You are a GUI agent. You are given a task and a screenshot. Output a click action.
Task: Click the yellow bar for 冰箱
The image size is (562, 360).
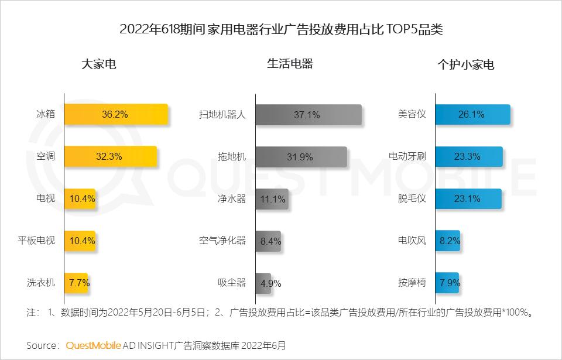(x=116, y=114)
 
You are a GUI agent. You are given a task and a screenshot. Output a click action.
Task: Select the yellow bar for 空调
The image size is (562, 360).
(x=110, y=156)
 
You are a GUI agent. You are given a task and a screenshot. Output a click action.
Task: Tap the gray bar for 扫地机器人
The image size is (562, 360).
(x=309, y=115)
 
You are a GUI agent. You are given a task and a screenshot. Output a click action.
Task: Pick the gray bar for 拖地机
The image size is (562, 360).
(x=301, y=157)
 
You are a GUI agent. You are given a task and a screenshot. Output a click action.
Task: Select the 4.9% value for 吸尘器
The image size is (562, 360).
(x=271, y=283)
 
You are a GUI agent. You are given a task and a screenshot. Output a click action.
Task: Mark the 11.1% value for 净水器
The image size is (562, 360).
(x=272, y=199)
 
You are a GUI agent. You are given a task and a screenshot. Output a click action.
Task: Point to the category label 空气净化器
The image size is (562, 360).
(x=222, y=241)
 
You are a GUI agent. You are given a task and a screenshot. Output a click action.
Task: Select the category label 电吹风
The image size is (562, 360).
(x=412, y=241)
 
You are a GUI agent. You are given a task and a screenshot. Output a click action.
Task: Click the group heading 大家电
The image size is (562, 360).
(x=99, y=64)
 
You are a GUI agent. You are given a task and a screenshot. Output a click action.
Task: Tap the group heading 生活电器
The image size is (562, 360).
(x=290, y=64)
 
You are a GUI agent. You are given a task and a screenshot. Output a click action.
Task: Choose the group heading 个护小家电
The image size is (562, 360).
(x=466, y=64)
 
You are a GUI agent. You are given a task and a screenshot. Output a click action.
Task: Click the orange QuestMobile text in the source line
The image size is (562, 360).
(x=94, y=345)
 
